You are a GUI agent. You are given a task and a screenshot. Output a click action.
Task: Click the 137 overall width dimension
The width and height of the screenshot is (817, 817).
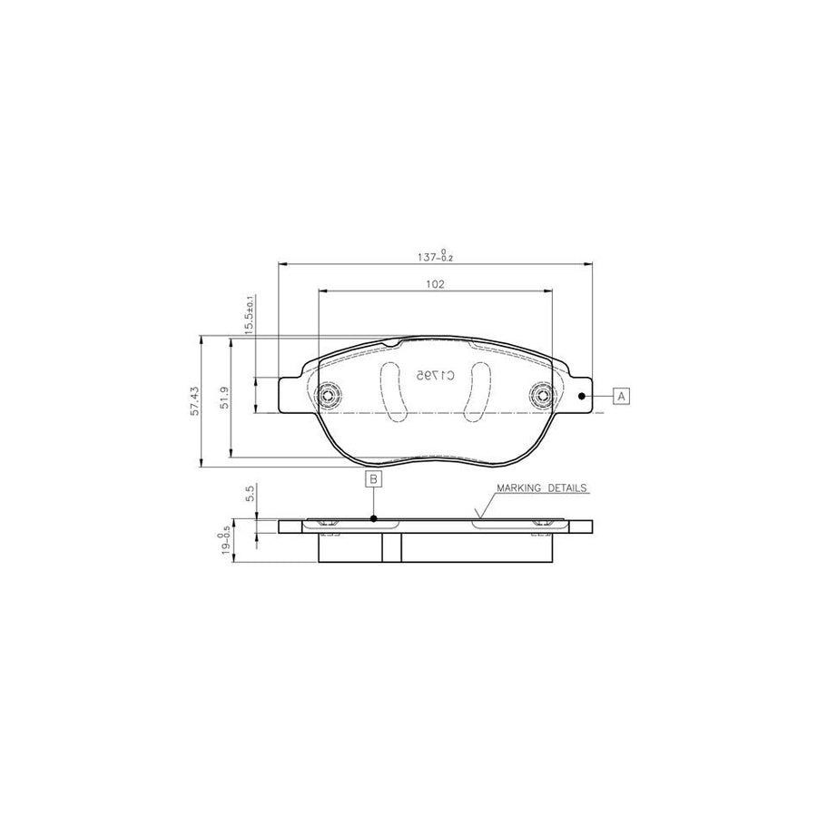(435, 256)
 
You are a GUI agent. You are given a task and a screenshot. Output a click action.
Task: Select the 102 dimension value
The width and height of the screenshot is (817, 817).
(435, 284)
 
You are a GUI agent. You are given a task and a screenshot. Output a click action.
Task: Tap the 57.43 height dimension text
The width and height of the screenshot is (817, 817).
(193, 401)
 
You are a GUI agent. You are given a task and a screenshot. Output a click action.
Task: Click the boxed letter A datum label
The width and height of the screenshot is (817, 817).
(621, 396)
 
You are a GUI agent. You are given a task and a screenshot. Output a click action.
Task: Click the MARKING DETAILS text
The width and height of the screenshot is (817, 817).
(542, 487)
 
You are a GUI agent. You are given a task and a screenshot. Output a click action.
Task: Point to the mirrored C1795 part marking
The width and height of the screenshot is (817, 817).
(434, 374)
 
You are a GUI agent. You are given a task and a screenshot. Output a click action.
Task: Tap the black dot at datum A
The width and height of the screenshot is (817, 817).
(582, 396)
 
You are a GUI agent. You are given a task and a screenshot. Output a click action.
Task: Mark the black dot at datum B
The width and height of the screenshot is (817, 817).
(374, 519)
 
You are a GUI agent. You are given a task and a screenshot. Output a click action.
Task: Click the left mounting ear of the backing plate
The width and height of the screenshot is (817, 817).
(291, 396)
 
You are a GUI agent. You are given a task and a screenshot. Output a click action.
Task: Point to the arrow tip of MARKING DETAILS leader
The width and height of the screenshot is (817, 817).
(476, 518)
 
